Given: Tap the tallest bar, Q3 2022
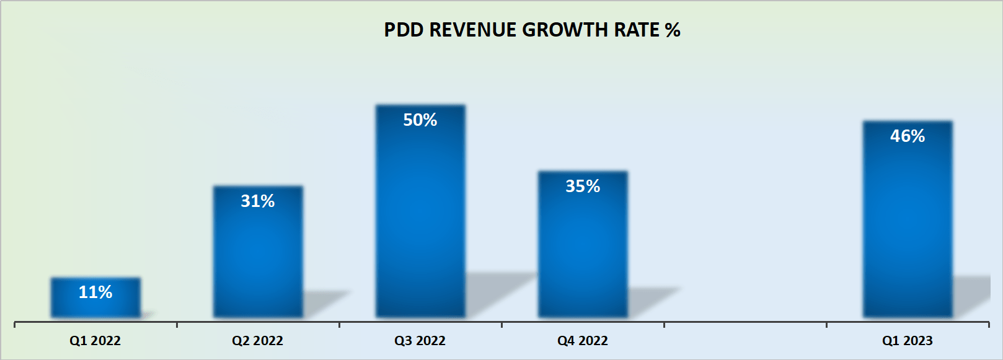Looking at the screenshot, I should (420, 217).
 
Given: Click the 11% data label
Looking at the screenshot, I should (95, 292).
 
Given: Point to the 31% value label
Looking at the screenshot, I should (258, 201).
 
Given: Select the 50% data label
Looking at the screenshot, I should (420, 120).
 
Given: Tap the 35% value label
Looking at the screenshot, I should (583, 186).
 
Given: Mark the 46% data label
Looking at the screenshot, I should (908, 136).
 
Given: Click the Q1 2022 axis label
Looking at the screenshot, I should (95, 341).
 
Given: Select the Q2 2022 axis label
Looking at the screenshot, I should (257, 341).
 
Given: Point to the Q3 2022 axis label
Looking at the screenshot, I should (420, 341).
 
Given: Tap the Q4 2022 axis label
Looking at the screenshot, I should (582, 341).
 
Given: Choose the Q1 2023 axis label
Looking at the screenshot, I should (907, 341).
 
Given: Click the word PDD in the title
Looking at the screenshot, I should (404, 30).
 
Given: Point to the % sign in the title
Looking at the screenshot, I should (673, 30).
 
